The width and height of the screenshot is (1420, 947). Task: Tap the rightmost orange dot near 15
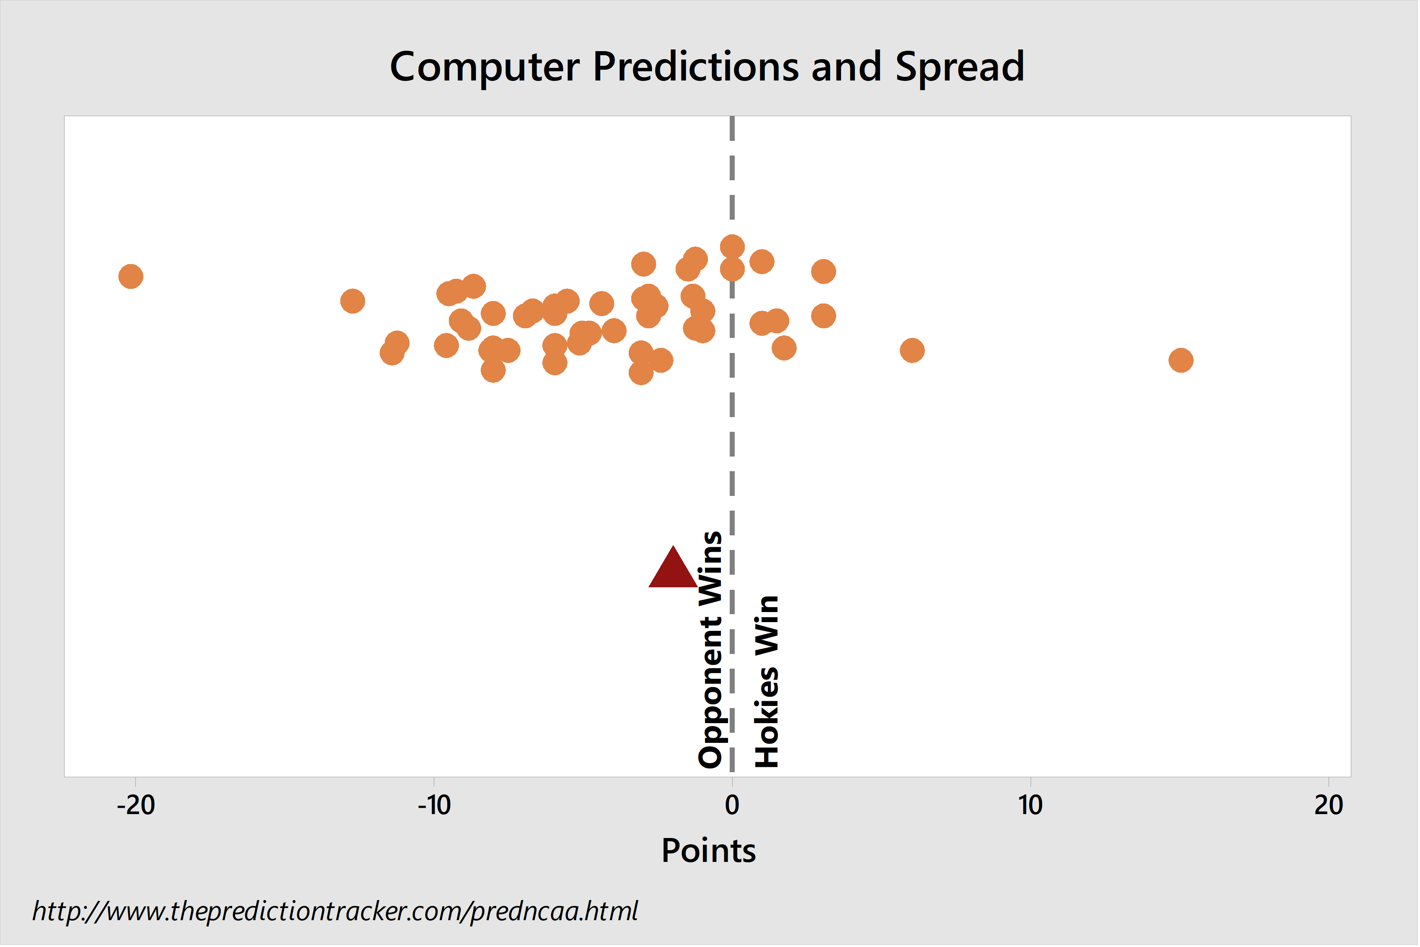click(x=1182, y=361)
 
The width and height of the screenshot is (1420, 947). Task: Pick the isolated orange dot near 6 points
click(x=913, y=350)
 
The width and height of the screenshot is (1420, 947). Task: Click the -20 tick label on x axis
click(x=136, y=806)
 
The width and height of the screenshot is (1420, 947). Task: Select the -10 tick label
click(x=435, y=806)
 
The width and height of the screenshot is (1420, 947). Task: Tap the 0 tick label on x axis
click(x=732, y=806)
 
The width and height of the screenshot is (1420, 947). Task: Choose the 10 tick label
click(x=1031, y=806)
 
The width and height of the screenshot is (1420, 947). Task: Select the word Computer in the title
click(x=485, y=67)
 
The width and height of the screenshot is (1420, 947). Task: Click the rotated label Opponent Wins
click(x=710, y=650)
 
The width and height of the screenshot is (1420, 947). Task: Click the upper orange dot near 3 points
click(x=824, y=272)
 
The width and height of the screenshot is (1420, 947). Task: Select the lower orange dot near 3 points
click(x=824, y=316)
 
